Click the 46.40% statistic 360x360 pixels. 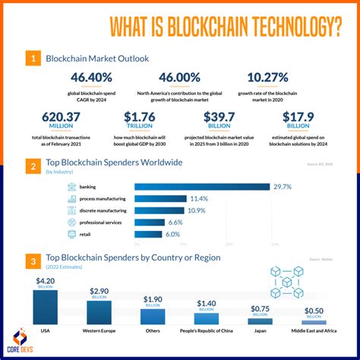(x=91, y=77)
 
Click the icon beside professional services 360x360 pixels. (x=72, y=222)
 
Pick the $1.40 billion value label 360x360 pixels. (x=206, y=305)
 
